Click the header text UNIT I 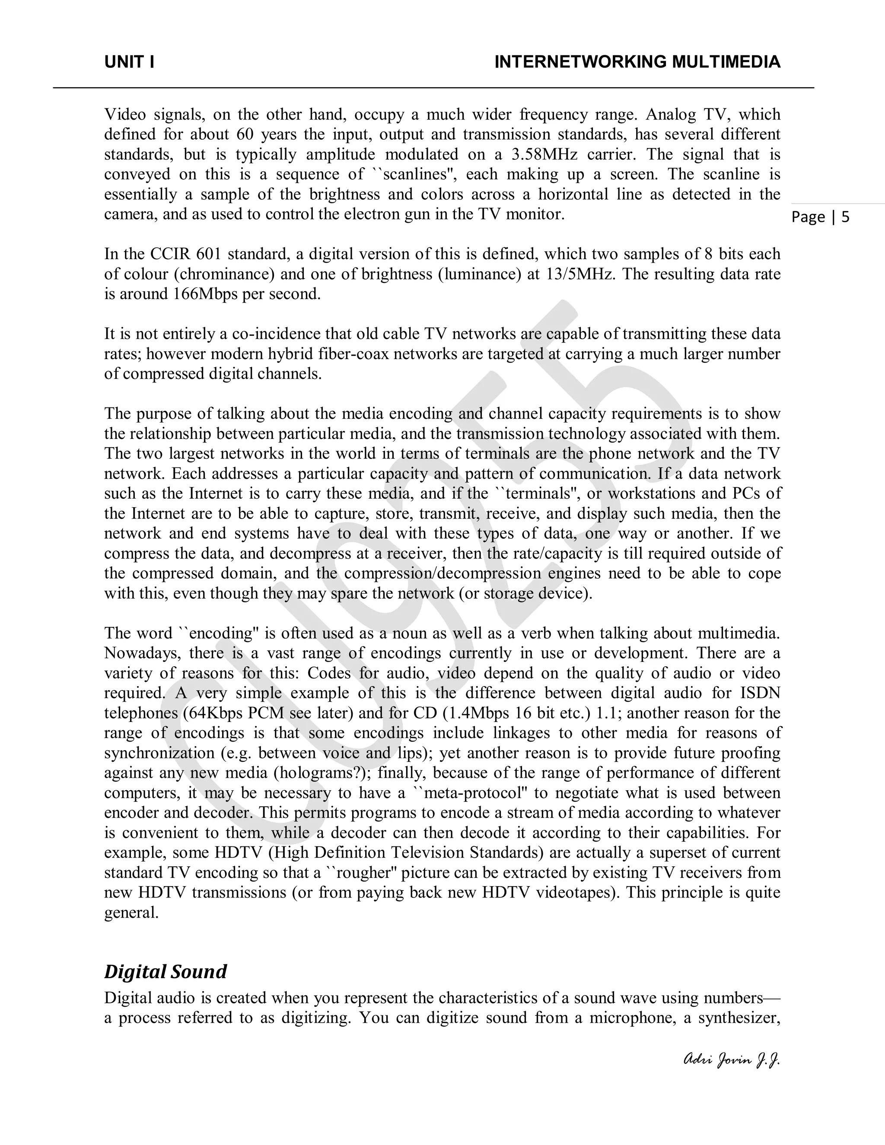129,62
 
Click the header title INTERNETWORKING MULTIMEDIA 637,62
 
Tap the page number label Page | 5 820,217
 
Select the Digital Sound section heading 165,971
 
